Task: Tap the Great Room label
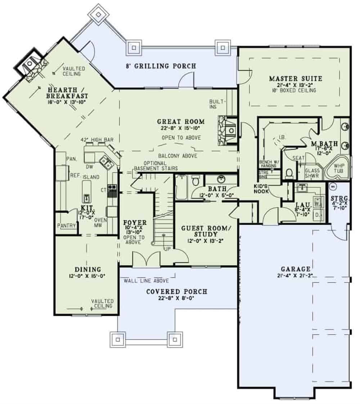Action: (x=181, y=121)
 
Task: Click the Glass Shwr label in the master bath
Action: (x=312, y=173)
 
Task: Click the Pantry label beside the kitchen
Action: (x=67, y=226)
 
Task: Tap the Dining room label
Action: (x=87, y=269)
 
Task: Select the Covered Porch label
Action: (x=177, y=291)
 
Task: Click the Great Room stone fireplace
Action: (x=227, y=130)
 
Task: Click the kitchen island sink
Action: (x=87, y=198)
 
